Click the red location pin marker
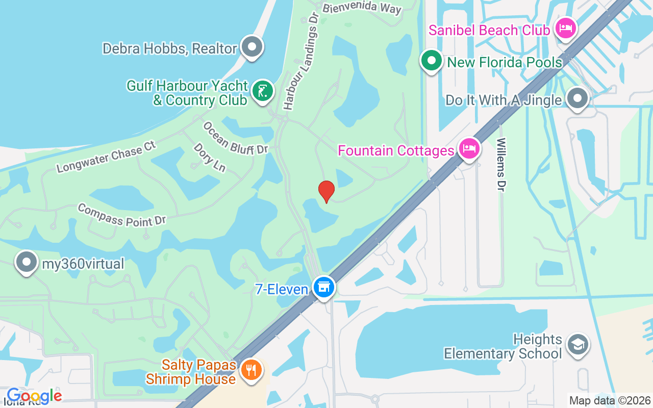point(326,191)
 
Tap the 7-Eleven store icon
point(323,288)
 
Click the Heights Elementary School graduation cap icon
point(577,345)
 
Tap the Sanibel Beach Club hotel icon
point(565,29)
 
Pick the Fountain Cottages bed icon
point(468,149)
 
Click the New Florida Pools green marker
point(432,61)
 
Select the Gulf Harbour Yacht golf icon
point(263,92)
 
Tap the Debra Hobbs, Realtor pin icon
point(251,47)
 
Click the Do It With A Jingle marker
point(577,98)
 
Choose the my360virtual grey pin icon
point(27,263)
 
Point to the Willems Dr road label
point(501,164)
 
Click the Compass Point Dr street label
point(122,215)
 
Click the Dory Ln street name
point(209,157)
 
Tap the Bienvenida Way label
point(362,8)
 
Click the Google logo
point(34,395)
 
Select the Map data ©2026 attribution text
point(610,400)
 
